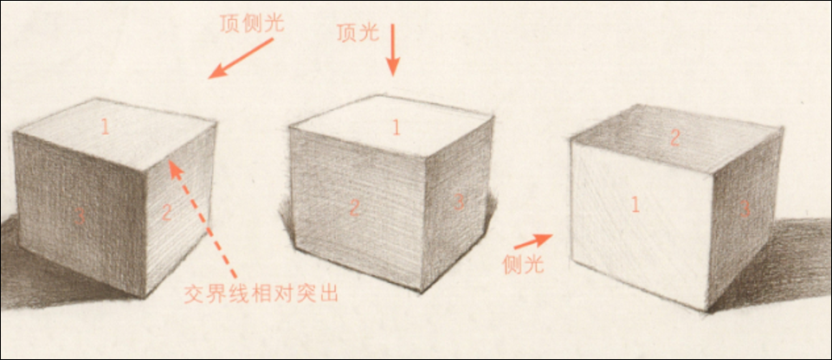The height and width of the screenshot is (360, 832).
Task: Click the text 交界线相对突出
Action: (261, 293)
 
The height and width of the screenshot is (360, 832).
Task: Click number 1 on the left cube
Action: (105, 127)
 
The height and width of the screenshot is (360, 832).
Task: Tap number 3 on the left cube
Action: (80, 217)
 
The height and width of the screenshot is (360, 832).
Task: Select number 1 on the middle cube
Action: (396, 127)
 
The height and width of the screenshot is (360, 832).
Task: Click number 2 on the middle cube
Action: (354, 207)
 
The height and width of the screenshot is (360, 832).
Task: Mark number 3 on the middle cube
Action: (460, 202)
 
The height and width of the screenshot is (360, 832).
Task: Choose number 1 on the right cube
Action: (635, 205)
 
